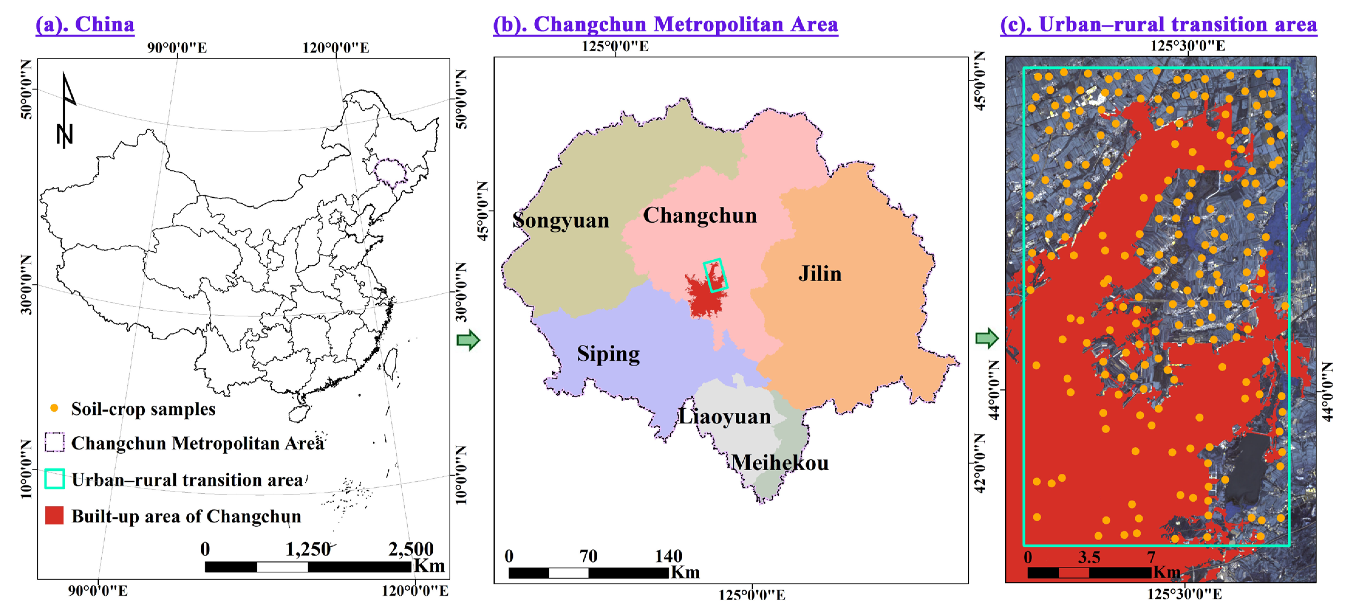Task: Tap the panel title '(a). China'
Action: tap(85, 25)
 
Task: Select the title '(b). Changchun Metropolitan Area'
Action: tap(665, 25)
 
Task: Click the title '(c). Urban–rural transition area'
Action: tap(1158, 25)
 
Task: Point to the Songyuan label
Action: tap(561, 220)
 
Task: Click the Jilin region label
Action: tap(819, 274)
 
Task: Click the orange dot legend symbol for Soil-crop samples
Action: tap(54, 408)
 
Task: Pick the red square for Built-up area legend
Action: tap(54, 515)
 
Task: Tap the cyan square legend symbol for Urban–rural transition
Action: tap(54, 479)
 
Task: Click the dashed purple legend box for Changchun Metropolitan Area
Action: tap(54, 442)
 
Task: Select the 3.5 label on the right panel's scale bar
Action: tap(1089, 557)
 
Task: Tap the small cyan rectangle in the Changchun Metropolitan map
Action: tap(715, 275)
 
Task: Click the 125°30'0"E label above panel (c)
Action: tap(1187, 46)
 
